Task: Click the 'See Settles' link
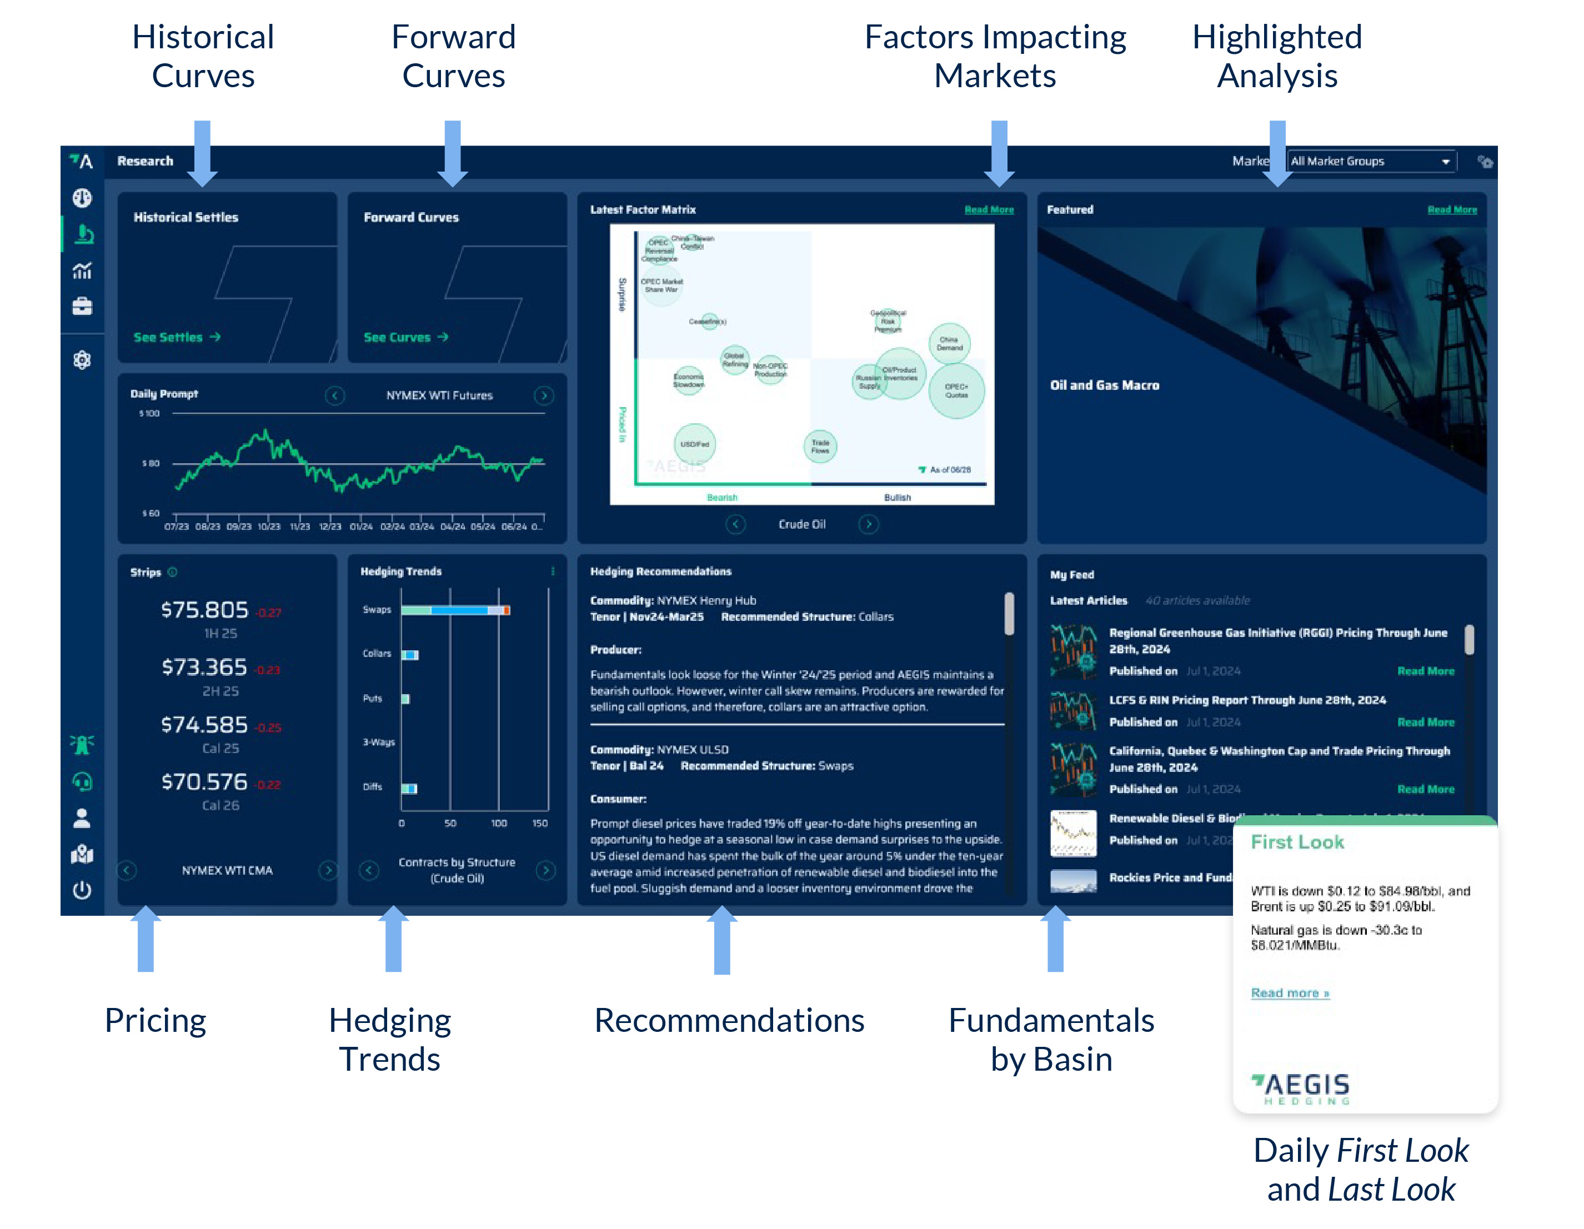click(x=176, y=337)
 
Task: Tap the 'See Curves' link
click(x=405, y=337)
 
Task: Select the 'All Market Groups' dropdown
click(x=1371, y=161)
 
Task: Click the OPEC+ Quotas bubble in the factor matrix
click(x=956, y=391)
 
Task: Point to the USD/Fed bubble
click(x=694, y=444)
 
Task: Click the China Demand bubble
click(x=949, y=343)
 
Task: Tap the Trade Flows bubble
click(x=820, y=446)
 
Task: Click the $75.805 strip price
click(x=204, y=610)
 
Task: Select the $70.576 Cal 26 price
click(x=204, y=781)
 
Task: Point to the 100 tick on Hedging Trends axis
click(x=498, y=823)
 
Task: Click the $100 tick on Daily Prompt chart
click(x=149, y=413)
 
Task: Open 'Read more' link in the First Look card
click(x=1290, y=992)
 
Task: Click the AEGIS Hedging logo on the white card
click(x=1300, y=1087)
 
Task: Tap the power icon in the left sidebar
click(x=82, y=890)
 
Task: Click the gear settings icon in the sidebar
click(x=82, y=360)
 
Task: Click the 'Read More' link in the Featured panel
click(x=1451, y=209)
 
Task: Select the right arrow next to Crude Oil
click(x=868, y=524)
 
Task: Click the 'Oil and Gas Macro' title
click(x=1104, y=385)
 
